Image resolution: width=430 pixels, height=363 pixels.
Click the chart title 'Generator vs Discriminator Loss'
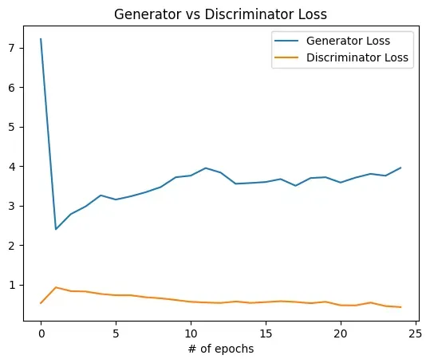221,14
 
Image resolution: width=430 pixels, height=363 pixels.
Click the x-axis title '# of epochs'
221,349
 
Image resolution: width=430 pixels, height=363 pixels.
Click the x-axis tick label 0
41,333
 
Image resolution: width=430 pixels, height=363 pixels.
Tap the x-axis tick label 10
191,333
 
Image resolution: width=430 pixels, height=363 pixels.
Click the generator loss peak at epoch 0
41,38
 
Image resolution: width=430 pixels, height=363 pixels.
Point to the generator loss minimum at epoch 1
56,229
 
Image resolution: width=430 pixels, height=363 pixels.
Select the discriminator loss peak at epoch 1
56,287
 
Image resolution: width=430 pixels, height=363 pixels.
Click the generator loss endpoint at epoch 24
400,168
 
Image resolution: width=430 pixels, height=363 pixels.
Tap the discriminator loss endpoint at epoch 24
400,307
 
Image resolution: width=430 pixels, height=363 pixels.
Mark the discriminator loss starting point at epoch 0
41,303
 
